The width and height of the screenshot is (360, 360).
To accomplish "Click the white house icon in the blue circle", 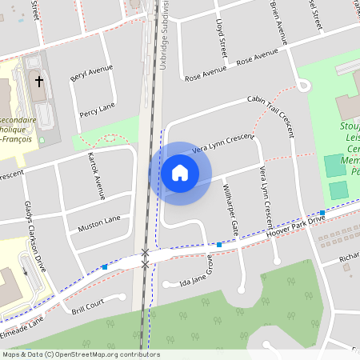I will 179,173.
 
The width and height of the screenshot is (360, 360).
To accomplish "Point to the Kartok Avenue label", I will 96,174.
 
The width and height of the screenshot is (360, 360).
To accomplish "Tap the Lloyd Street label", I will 221,38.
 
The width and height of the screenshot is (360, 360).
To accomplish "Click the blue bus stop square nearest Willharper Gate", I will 219,244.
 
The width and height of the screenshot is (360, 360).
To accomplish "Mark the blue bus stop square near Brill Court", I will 105,266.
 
